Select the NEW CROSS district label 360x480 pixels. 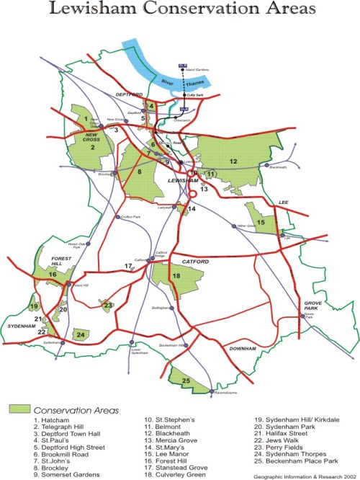coord(93,138)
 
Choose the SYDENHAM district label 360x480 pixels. coord(22,326)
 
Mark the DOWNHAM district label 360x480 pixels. coord(242,349)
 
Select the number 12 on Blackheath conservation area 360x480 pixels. coord(233,161)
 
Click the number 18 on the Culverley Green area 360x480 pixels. coord(176,275)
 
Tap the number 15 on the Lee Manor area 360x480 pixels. coord(261,223)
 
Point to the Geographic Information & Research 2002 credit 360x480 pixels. coord(304,476)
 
